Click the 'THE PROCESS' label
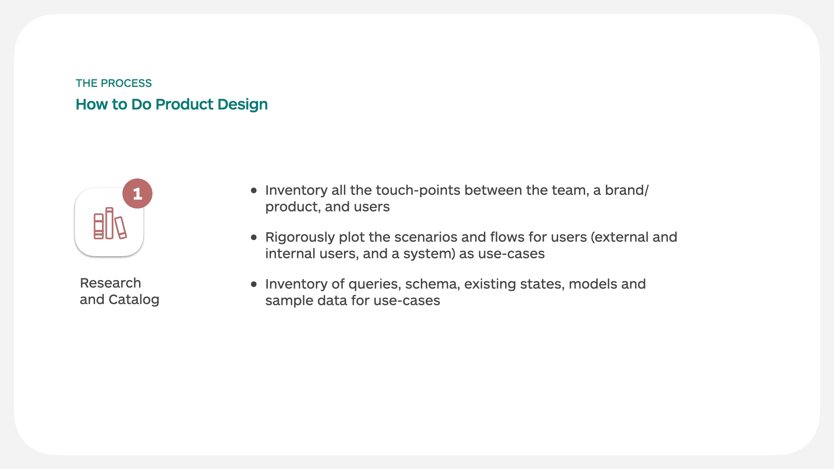pos(113,83)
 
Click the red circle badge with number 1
pos(137,194)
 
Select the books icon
pos(110,223)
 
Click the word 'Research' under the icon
pos(110,283)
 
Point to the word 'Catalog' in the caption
pos(134,299)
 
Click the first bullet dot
pos(254,190)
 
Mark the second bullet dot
pos(254,237)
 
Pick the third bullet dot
pos(254,284)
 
